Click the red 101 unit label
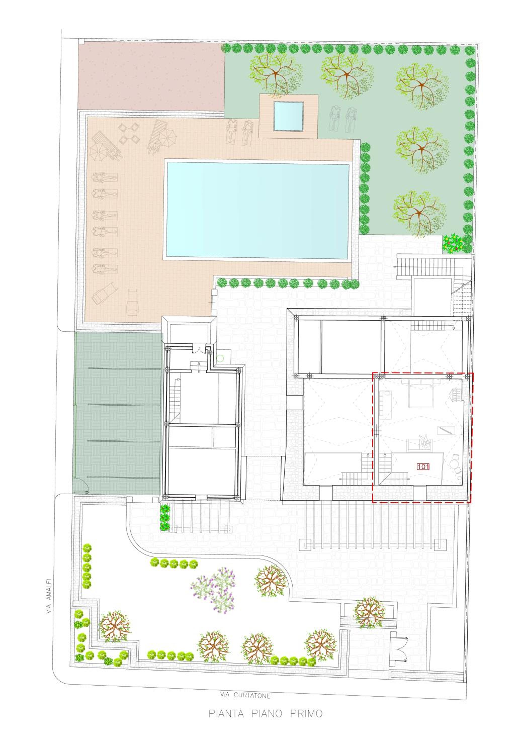[x=423, y=467]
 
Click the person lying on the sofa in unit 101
[x=425, y=442]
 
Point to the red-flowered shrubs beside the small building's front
[x=165, y=518]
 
